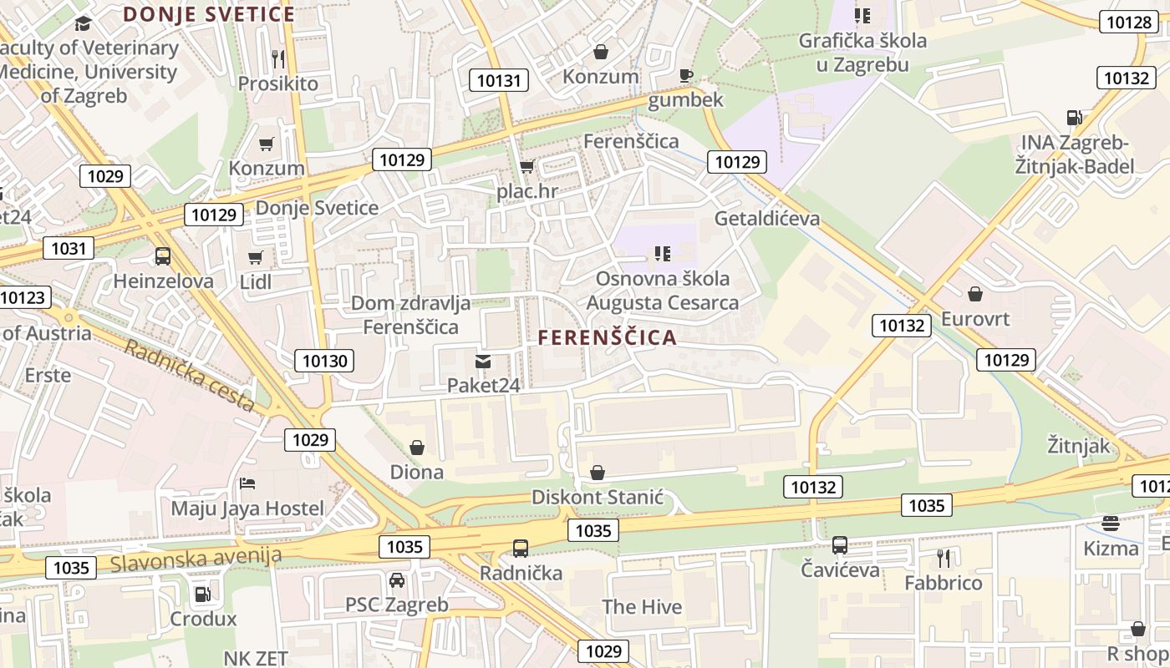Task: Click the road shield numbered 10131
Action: click(500, 81)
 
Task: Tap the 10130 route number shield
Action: click(324, 361)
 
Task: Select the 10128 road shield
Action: click(1127, 23)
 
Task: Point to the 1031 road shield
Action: click(69, 248)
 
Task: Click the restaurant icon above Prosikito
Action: click(278, 58)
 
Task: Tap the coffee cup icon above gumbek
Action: click(686, 75)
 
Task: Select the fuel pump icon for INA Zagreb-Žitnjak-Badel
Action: click(1074, 119)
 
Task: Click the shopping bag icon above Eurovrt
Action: click(974, 294)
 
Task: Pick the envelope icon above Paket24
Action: click(483, 361)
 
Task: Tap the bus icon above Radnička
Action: click(521, 549)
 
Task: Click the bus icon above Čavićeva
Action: click(840, 545)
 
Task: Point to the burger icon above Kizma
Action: click(1111, 524)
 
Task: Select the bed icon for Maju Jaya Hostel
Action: click(247, 483)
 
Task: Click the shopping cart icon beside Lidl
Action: click(256, 258)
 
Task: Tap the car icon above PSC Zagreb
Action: click(397, 579)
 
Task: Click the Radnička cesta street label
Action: click(190, 375)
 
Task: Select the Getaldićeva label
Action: click(767, 219)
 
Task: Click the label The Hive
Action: click(642, 607)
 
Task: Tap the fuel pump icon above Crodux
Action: click(203, 595)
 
